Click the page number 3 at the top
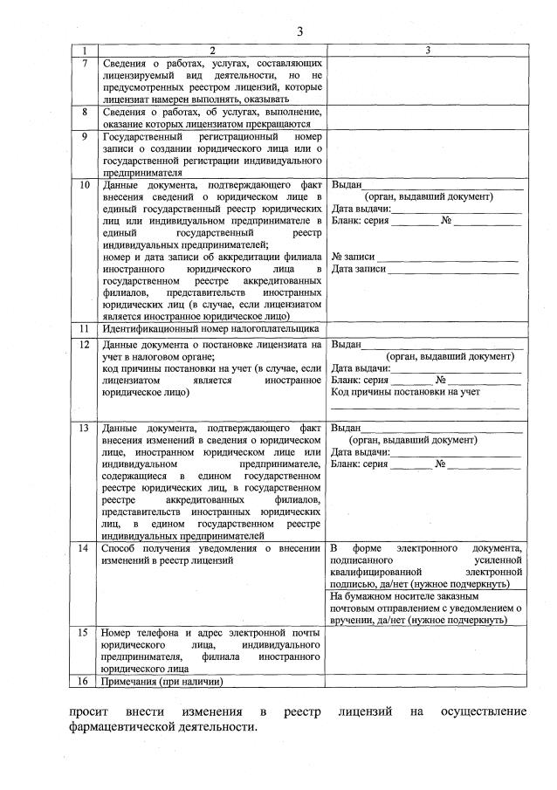pyautogui.click(x=299, y=32)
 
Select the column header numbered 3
pyautogui.click(x=428, y=51)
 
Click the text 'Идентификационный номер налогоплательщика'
pyautogui.click(x=210, y=329)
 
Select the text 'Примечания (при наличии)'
pyautogui.click(x=162, y=681)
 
